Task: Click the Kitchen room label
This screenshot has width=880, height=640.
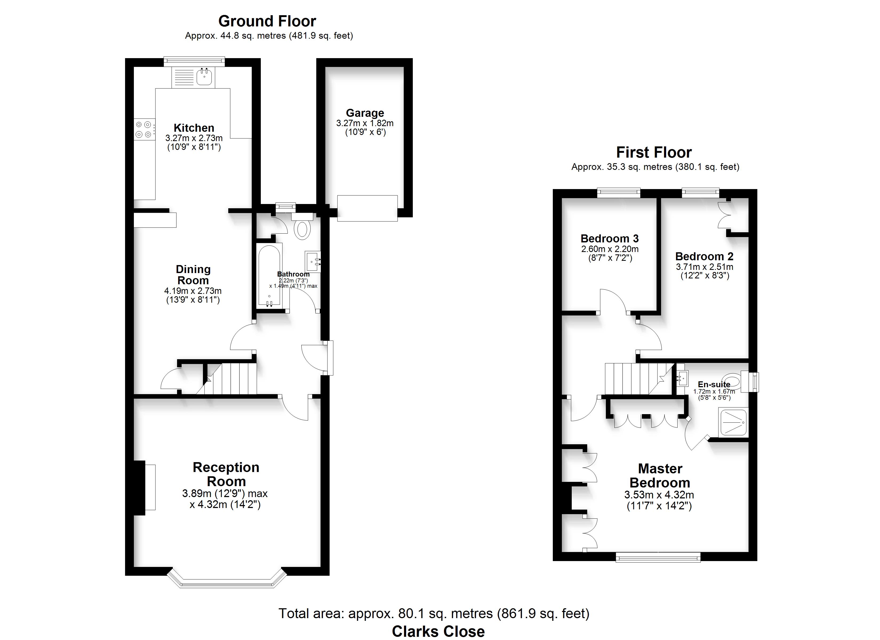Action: click(x=194, y=128)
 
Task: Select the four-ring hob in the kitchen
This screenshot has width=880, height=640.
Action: click(x=143, y=130)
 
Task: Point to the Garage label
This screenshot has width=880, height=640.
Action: click(x=365, y=113)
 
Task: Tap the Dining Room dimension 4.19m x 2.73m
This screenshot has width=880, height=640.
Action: click(x=193, y=291)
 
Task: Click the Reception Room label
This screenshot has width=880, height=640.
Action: click(x=226, y=474)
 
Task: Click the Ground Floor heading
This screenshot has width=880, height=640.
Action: click(x=267, y=21)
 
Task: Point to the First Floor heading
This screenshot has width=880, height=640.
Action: click(x=654, y=153)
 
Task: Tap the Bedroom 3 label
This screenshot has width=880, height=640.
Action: click(x=610, y=238)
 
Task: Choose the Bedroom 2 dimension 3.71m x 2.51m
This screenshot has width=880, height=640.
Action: click(x=705, y=267)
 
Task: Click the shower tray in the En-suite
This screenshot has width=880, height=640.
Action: click(x=733, y=422)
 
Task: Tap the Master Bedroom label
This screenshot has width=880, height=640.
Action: click(x=660, y=475)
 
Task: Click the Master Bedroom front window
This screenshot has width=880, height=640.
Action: click(x=658, y=558)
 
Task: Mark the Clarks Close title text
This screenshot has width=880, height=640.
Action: click(x=438, y=631)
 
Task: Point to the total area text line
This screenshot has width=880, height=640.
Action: click(x=434, y=614)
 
